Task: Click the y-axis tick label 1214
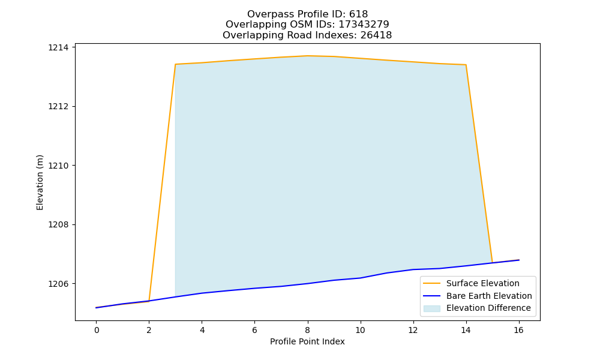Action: tap(58, 47)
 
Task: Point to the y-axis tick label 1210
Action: tap(58, 166)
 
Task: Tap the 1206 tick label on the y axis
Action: tap(58, 284)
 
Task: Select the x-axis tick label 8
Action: tap(308, 330)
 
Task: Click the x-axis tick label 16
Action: tap(518, 330)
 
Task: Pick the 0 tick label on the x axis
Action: tap(97, 330)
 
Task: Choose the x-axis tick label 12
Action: tap(413, 330)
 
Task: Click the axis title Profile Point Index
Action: tap(307, 341)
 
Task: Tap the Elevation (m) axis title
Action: tap(40, 182)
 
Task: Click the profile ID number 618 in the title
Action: tap(359, 14)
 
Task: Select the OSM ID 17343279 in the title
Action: tap(364, 25)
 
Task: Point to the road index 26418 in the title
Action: tap(376, 35)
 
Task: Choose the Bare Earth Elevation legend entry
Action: tap(478, 296)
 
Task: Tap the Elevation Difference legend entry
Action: tap(477, 308)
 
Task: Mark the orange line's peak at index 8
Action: tap(308, 56)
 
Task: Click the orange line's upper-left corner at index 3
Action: tap(175, 64)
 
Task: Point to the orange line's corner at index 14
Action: tap(466, 65)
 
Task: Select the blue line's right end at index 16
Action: tap(519, 260)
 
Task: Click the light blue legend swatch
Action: tap(431, 308)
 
